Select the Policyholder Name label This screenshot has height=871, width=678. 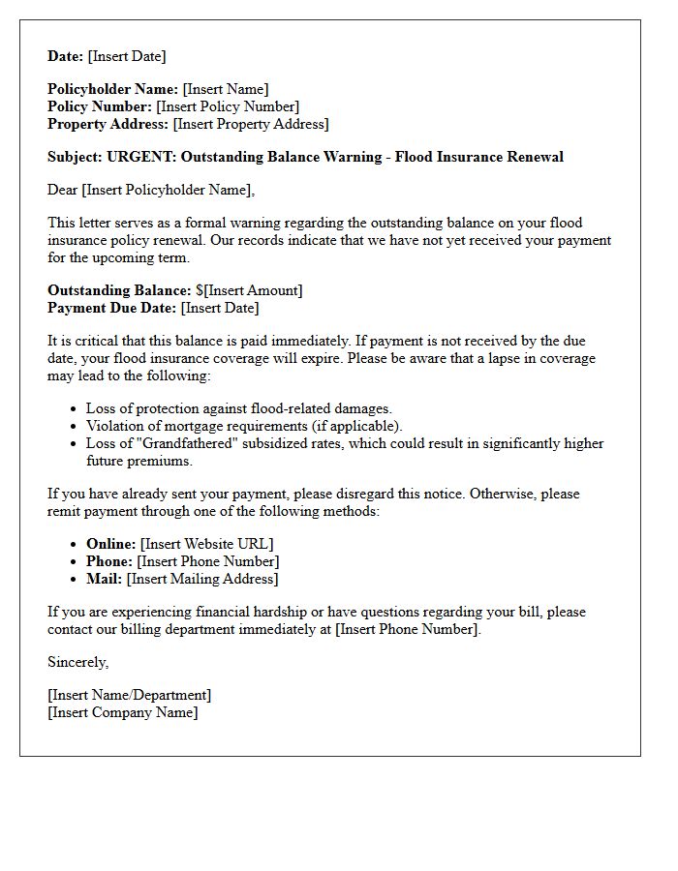click(x=112, y=89)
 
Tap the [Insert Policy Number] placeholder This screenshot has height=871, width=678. click(x=228, y=106)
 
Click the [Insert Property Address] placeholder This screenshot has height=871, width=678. click(x=250, y=124)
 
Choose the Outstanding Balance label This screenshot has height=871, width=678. click(x=119, y=290)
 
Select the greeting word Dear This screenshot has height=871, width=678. click(x=63, y=190)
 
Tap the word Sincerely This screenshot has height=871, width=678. click(x=77, y=662)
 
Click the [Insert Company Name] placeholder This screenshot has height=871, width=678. click(x=122, y=712)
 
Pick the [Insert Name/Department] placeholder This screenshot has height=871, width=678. click(x=129, y=695)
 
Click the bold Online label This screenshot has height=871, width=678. click(x=110, y=544)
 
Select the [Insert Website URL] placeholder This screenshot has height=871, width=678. click(x=206, y=544)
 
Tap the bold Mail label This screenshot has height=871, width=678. click(x=104, y=579)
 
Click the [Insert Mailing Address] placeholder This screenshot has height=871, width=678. click(x=202, y=579)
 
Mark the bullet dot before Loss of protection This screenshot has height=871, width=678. click(x=75, y=409)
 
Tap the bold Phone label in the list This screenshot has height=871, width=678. click(x=108, y=561)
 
